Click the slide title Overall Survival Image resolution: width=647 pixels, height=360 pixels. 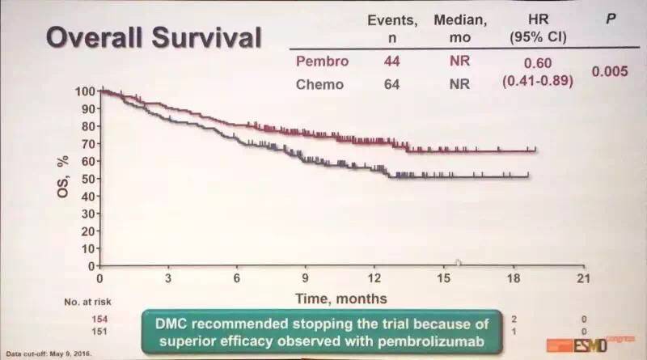(153, 38)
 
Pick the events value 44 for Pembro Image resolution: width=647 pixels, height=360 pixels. (391, 59)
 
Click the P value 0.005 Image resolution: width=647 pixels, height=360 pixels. (609, 71)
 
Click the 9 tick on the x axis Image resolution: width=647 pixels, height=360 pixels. (306, 278)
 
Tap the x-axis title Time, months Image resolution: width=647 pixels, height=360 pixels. (340, 299)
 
